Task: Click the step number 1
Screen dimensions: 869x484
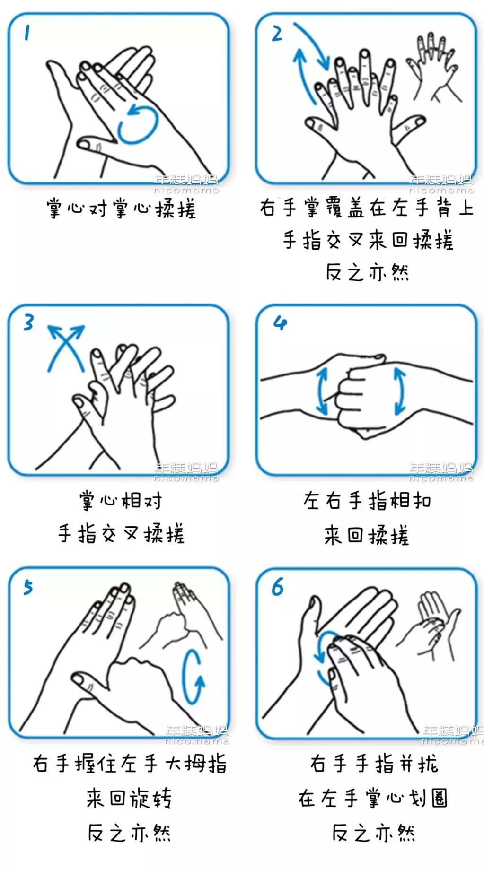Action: tap(27, 34)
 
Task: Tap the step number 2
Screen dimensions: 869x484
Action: tap(277, 34)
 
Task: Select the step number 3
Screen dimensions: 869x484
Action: tap(29, 323)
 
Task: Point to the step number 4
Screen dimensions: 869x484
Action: tap(280, 323)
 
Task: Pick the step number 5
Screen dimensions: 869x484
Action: tap(28, 588)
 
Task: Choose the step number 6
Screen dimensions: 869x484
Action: tap(278, 588)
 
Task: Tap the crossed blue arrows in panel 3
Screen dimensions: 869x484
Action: tap(65, 347)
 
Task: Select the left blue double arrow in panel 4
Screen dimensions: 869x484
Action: tap(322, 392)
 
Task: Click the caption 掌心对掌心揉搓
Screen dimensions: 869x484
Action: tap(121, 209)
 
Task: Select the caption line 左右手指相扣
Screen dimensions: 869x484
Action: tap(367, 501)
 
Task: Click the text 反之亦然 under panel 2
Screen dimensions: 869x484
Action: tap(367, 272)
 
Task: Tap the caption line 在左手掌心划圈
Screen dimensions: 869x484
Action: tap(373, 799)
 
